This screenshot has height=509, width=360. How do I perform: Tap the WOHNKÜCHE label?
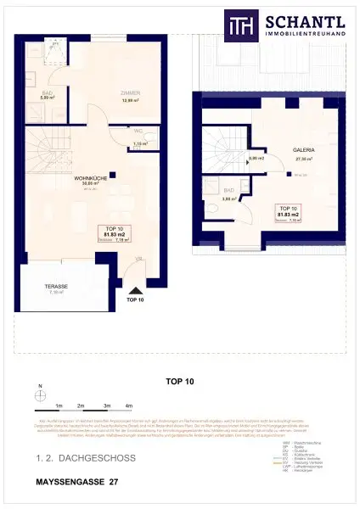click(x=88, y=179)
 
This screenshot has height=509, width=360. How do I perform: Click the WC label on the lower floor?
click(x=138, y=132)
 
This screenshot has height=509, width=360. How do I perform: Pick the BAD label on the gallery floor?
click(x=228, y=192)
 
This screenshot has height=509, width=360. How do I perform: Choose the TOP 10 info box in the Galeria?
click(x=289, y=213)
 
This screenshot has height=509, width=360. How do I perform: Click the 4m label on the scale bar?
click(x=128, y=406)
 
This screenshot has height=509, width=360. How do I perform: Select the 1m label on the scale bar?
click(x=59, y=406)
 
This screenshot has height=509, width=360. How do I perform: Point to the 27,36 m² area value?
click(x=279, y=159)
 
